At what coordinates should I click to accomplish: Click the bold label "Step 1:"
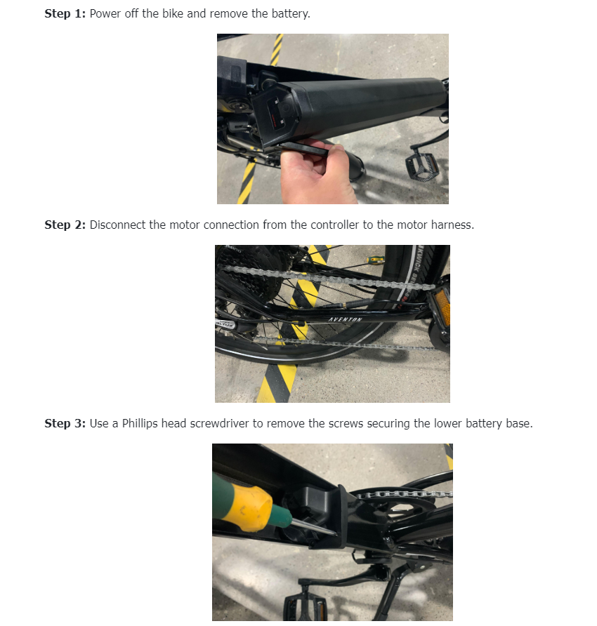[65, 14]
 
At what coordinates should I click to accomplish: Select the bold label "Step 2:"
[65, 225]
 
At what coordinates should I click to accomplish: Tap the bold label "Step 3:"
[65, 423]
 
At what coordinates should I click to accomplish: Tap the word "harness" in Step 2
[452, 225]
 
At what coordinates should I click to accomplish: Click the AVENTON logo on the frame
[346, 320]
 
